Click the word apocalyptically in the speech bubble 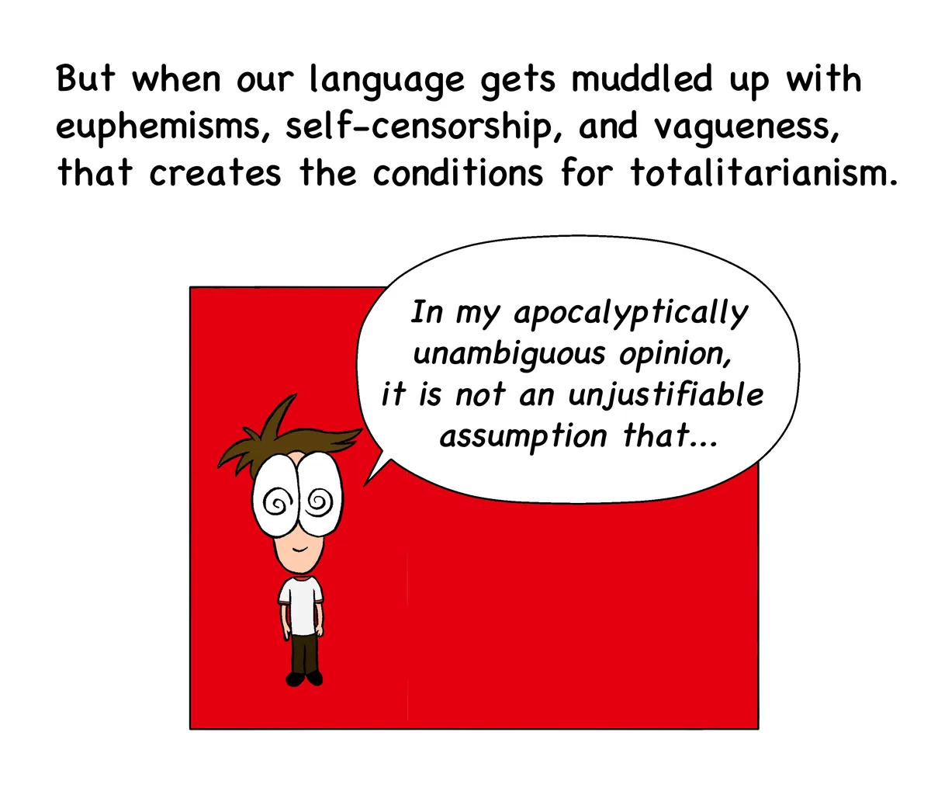[630, 314]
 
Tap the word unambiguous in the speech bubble [509, 354]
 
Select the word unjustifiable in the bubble [666, 395]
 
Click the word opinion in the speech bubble [674, 354]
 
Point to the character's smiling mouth [299, 549]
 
